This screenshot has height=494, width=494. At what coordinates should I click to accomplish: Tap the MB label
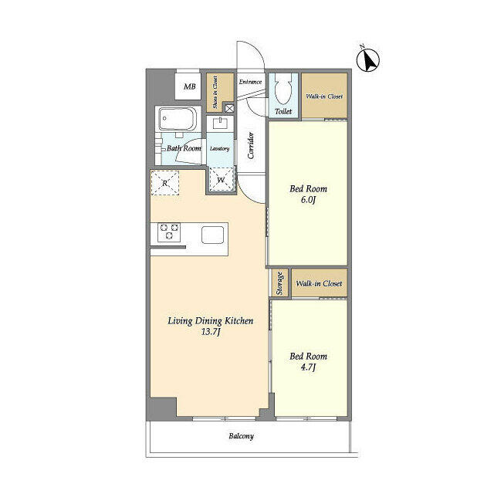click(x=189, y=86)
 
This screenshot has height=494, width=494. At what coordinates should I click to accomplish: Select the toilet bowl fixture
click(x=283, y=89)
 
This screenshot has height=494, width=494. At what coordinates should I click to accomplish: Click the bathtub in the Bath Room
click(x=178, y=119)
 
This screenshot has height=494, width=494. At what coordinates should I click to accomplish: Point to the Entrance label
click(x=250, y=82)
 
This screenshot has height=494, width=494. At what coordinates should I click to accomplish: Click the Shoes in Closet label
click(x=215, y=93)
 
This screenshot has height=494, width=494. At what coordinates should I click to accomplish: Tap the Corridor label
click(x=251, y=146)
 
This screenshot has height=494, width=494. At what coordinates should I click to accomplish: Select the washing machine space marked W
click(x=222, y=180)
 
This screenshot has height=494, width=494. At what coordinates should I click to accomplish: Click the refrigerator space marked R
click(x=164, y=183)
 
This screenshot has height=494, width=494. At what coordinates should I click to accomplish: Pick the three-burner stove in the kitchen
click(x=169, y=232)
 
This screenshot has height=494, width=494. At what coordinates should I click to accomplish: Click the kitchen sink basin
click(x=213, y=235)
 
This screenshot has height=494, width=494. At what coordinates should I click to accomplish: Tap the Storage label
click(x=279, y=283)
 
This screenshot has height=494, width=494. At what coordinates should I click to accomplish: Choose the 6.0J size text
click(x=308, y=200)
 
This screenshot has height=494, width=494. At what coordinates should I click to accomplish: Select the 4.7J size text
click(x=309, y=367)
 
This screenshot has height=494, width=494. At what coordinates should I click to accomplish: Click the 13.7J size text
click(x=210, y=332)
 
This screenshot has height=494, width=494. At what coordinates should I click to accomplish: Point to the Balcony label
click(x=242, y=436)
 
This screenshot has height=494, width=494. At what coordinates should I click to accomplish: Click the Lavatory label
click(x=219, y=148)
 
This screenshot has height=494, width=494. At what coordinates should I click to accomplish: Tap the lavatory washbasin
click(x=220, y=123)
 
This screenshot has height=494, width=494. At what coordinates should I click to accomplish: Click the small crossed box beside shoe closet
click(x=230, y=109)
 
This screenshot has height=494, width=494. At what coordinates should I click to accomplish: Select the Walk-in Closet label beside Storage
click(x=319, y=283)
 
